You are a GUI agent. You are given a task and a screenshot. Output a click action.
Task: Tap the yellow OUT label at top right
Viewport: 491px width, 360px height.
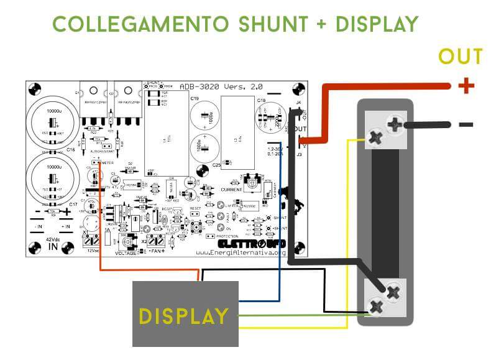[460, 57]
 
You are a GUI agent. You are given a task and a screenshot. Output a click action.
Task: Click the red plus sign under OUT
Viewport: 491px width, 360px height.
[465, 85]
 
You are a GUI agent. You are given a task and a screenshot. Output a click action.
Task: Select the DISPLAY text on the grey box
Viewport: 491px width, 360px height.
[183, 316]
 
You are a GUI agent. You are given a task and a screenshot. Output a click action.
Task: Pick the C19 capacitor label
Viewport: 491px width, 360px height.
[194, 99]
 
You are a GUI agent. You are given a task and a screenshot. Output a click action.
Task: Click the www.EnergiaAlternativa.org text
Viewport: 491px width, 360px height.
[241, 252]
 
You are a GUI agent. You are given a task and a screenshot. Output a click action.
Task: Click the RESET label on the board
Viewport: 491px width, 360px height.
[195, 209]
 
